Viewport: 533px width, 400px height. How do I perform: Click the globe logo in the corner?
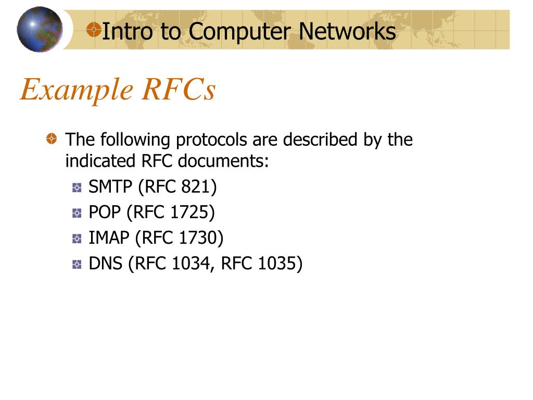coord(39,30)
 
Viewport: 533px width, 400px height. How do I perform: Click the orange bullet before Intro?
coord(94,29)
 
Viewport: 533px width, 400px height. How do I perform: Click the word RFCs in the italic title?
coord(178,90)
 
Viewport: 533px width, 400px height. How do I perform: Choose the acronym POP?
coord(105,212)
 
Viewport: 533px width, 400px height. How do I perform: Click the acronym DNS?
coord(106,264)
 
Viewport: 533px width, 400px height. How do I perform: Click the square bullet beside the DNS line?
coord(77,265)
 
